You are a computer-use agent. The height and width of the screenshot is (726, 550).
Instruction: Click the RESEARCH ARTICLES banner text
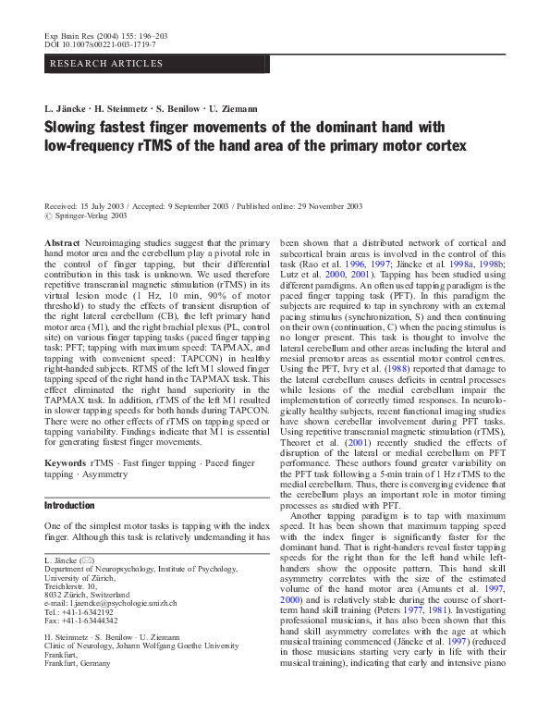[x=106, y=64]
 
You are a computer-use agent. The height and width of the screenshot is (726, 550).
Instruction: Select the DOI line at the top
[x=101, y=43]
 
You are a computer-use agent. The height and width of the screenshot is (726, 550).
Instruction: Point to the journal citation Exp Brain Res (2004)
[x=85, y=33]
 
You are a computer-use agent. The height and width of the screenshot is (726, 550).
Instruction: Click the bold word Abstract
[x=61, y=240]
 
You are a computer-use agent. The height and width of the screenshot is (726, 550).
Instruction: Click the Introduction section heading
[x=70, y=506]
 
